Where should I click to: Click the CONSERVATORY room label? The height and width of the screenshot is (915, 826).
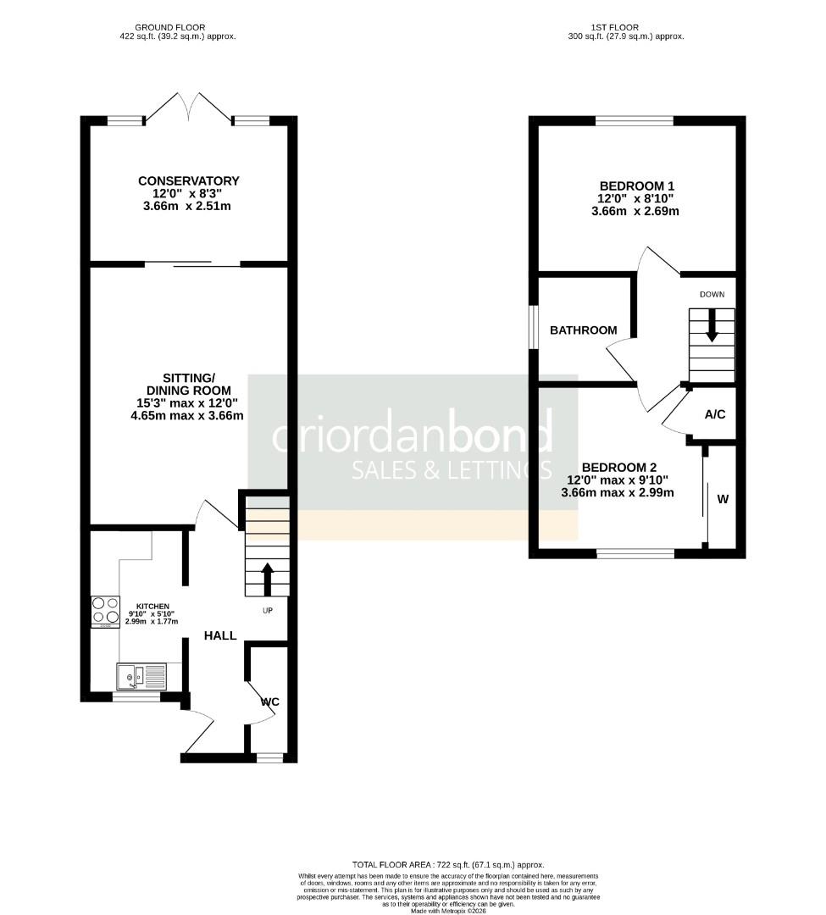coord(189,180)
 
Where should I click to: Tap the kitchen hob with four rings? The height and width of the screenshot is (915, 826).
coord(106,612)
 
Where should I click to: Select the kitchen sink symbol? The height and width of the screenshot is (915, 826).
coord(142,676)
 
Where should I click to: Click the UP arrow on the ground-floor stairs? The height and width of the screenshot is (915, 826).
coord(268,579)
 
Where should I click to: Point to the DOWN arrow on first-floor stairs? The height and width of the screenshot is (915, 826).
coord(712,325)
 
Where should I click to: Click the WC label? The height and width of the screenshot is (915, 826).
coord(270,701)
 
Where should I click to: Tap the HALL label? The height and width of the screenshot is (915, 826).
coord(219,635)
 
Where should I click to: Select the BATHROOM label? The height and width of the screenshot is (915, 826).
coord(584,330)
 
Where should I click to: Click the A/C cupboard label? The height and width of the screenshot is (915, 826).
coord(715,414)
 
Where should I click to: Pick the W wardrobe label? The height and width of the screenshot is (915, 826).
coord(723,500)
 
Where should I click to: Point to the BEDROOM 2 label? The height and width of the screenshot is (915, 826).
coord(618,467)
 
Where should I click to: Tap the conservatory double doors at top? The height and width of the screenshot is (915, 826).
coord(189,107)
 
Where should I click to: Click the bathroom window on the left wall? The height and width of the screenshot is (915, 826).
coord(534,326)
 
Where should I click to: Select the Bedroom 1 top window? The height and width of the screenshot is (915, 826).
coord(635,121)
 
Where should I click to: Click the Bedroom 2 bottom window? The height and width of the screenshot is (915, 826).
coord(635,554)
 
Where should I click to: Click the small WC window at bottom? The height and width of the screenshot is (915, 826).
coord(269,757)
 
